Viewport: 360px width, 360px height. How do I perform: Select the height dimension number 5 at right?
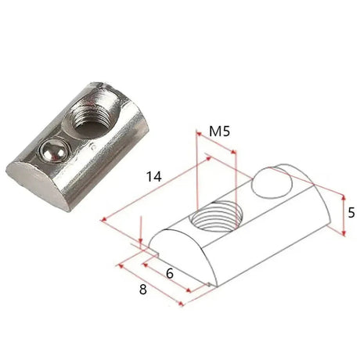(352, 212)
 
